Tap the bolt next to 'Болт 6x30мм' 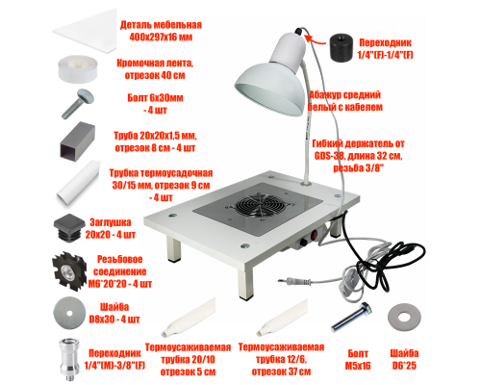[x=77, y=103]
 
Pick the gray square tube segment [x=78, y=141]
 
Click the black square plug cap [x=67, y=227]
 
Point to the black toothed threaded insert [x=69, y=271]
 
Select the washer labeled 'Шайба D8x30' [x=69, y=313]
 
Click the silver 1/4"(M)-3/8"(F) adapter [x=69, y=359]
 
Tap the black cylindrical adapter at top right [x=342, y=47]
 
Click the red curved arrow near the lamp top [x=316, y=40]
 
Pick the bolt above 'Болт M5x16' [x=351, y=317]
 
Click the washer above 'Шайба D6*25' [x=403, y=319]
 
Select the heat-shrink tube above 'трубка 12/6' [x=282, y=318]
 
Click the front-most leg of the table [x=244, y=285]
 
